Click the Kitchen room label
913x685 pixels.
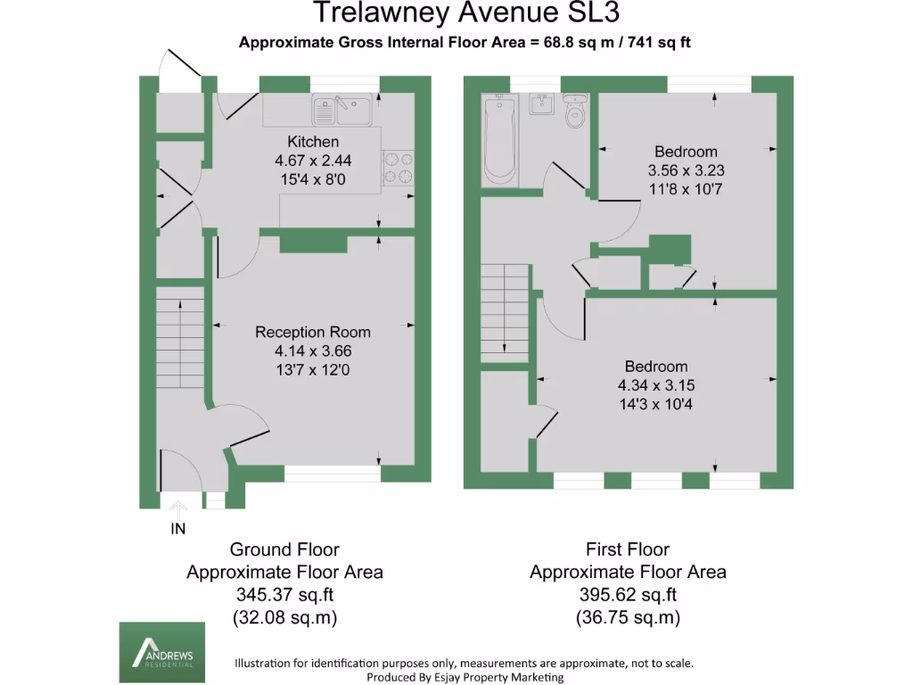pos(312,142)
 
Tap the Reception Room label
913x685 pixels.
pos(312,332)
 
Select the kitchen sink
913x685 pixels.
pos(342,111)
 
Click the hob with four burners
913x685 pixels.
pos(399,167)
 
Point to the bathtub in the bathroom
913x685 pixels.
pos(498,140)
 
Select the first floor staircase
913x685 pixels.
pos(505,312)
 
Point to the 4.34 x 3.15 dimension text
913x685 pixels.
pos(655,385)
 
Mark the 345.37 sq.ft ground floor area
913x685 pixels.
pos(284,595)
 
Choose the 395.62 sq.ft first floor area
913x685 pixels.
pos(628,595)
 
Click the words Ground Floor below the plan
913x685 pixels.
pos(284,549)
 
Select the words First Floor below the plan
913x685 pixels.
pos(628,549)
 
